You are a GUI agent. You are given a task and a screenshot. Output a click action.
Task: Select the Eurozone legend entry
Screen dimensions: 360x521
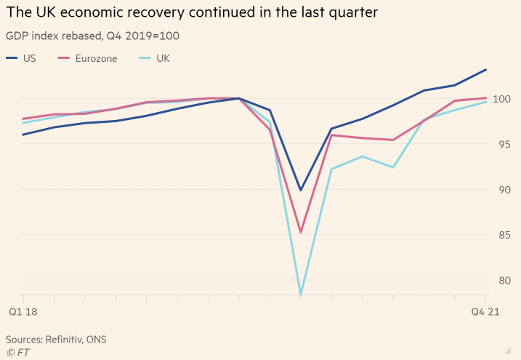95,58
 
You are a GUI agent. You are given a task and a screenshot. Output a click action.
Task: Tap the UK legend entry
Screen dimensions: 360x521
163,58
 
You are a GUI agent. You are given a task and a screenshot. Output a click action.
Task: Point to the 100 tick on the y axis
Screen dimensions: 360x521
501,98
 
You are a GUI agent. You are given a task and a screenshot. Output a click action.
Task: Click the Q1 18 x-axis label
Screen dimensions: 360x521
23,311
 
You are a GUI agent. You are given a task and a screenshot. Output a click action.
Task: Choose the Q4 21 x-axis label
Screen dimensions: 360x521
485,311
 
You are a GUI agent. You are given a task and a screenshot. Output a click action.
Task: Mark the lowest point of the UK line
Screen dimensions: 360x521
301,295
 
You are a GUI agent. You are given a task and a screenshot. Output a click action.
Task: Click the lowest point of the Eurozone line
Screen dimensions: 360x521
301,233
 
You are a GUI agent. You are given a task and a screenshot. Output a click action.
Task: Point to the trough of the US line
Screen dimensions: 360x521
301,191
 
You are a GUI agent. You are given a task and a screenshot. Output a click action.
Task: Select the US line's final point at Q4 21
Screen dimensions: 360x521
486,70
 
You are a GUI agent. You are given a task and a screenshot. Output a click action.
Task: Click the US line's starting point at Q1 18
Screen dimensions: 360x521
23,135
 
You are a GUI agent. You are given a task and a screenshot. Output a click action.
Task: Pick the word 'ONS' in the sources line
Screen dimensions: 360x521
106,340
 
